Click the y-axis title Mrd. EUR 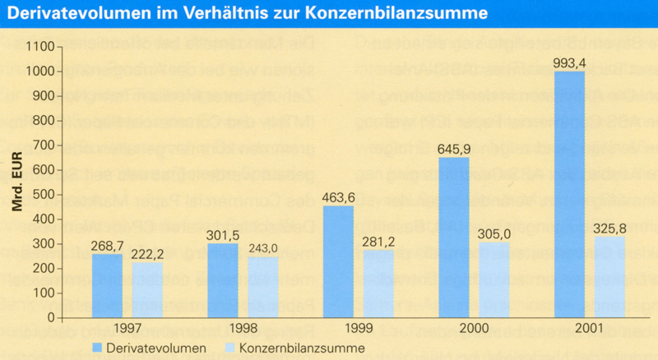[17, 182]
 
